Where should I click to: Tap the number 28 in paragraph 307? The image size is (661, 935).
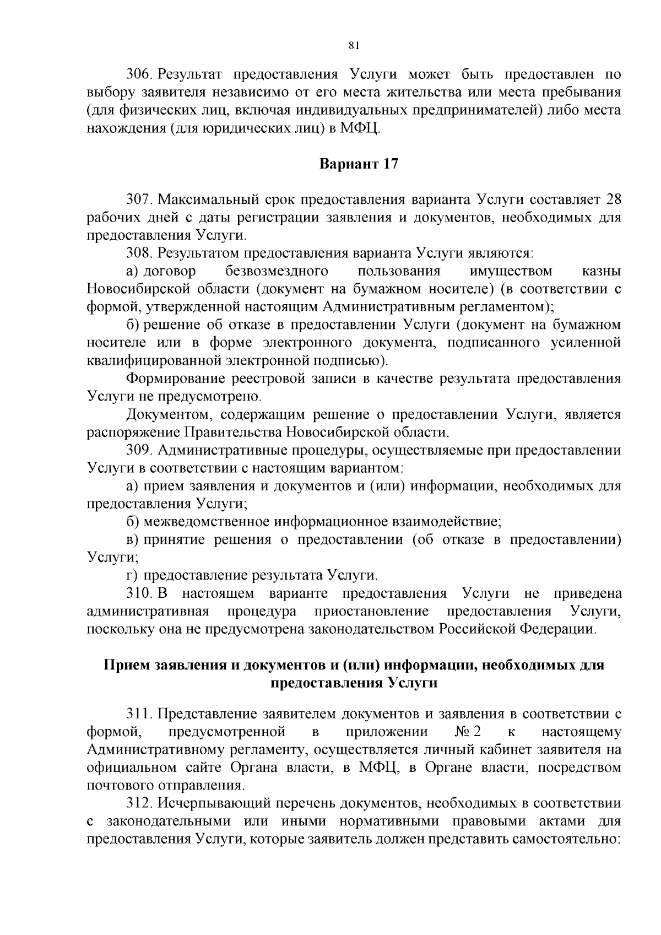[613, 199]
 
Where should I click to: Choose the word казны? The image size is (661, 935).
[602, 271]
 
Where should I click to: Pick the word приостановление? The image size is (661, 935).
[371, 612]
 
